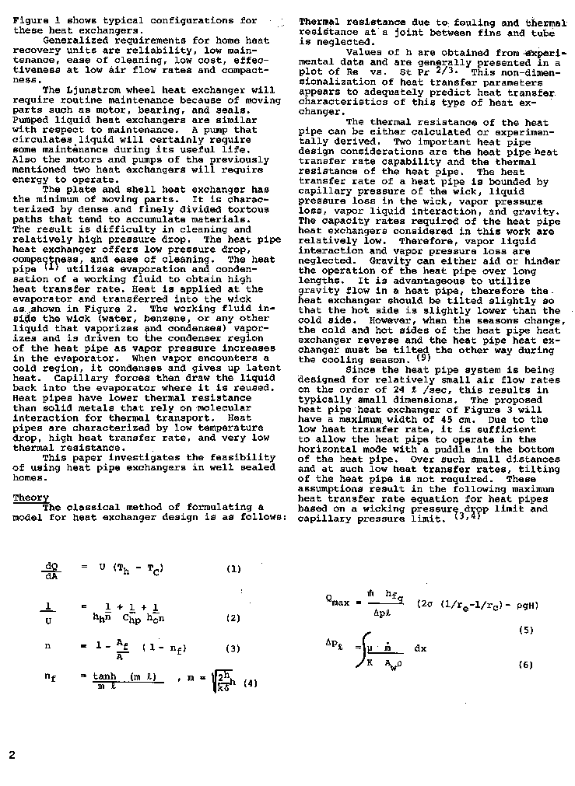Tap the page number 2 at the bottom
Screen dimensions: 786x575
tap(12, 755)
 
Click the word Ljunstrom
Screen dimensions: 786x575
tap(103, 90)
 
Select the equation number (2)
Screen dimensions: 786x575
tap(233, 618)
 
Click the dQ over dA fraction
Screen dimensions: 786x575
tap(52, 571)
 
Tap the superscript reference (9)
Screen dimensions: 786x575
tap(422, 358)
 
